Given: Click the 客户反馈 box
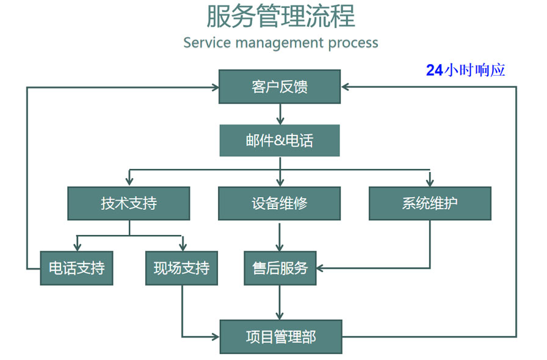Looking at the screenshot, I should click(x=280, y=87).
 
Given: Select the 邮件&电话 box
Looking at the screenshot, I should click(x=280, y=140).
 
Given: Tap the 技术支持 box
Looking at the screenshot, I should click(x=129, y=203).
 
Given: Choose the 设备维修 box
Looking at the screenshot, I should click(x=280, y=203).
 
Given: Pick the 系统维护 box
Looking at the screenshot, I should click(x=430, y=203).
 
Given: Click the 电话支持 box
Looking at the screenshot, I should click(x=76, y=268).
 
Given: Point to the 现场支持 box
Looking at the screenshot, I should click(x=181, y=268).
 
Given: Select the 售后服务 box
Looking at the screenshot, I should click(x=280, y=268).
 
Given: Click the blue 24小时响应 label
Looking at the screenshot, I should click(x=466, y=70).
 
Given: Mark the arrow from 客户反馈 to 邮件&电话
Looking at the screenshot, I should click(x=280, y=114).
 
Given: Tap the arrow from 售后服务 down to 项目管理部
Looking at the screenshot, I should click(x=280, y=302).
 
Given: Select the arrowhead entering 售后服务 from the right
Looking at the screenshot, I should click(x=321, y=268).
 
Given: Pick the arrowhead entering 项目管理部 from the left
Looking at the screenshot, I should click(x=215, y=336).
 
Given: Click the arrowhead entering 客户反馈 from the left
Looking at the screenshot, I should click(x=215, y=87).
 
